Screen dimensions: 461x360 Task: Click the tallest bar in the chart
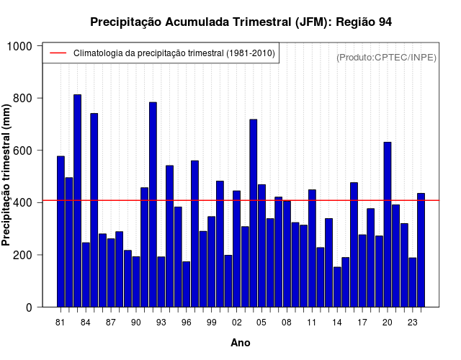(x=77, y=201)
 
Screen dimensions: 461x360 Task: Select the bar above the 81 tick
(x=61, y=232)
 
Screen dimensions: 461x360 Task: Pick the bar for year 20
(x=388, y=225)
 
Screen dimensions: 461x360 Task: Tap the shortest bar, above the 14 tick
(x=337, y=287)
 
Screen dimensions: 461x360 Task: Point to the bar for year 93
(x=161, y=282)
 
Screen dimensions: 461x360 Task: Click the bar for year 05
(x=261, y=246)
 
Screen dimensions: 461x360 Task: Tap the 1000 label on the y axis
(x=19, y=46)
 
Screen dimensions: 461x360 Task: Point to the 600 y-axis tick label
(x=22, y=150)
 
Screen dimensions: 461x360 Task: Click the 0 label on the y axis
(x=29, y=307)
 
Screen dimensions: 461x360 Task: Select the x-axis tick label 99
(x=211, y=323)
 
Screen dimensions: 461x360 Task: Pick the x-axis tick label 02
(x=237, y=323)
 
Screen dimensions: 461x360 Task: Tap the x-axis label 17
(x=362, y=323)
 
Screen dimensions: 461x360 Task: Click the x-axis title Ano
(x=241, y=343)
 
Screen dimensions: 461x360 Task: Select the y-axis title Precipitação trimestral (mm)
(x=6, y=175)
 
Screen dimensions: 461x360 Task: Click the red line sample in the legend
(x=58, y=53)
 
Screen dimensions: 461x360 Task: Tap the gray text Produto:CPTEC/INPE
(x=386, y=58)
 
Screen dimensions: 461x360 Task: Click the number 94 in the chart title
(x=385, y=22)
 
